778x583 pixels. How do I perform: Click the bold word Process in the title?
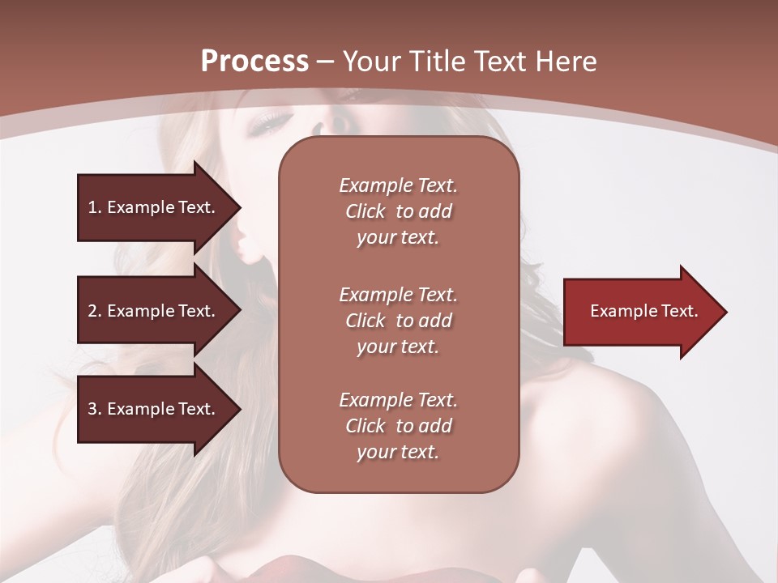click(x=254, y=62)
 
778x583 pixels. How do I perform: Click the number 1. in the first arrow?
click(x=94, y=207)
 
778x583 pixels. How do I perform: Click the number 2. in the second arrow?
click(x=94, y=311)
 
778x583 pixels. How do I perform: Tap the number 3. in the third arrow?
click(x=94, y=409)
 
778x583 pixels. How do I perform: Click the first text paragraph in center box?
click(x=398, y=211)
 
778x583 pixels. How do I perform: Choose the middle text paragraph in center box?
click(x=398, y=321)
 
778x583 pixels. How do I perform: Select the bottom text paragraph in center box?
click(x=398, y=426)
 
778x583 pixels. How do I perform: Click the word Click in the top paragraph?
click(x=365, y=211)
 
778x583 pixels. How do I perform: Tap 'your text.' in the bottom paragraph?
click(x=398, y=452)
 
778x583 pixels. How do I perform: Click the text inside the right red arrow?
click(x=643, y=311)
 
